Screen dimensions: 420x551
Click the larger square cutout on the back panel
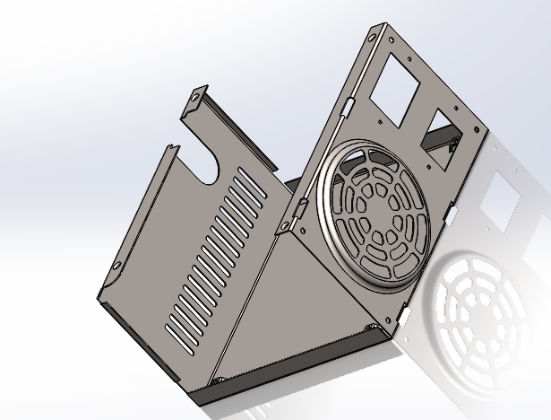click(x=398, y=90)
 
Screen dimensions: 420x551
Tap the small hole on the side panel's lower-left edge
click(x=115, y=265)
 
